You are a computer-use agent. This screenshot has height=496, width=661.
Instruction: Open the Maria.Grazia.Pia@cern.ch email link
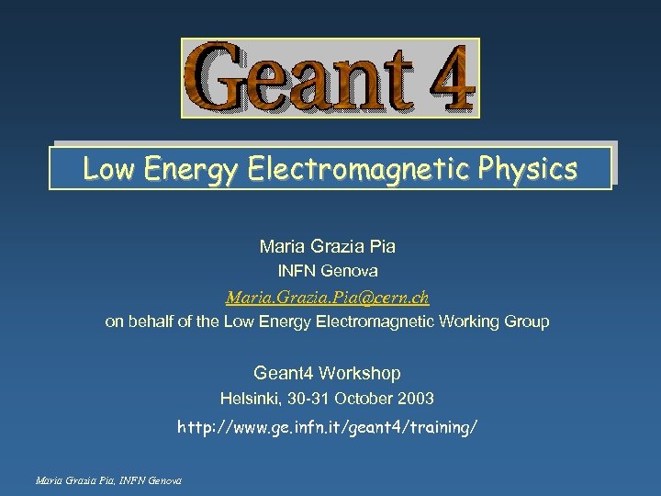point(327,298)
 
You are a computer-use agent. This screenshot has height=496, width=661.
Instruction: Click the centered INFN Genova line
point(328,271)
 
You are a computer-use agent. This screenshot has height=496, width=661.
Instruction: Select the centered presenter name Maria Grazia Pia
point(328,246)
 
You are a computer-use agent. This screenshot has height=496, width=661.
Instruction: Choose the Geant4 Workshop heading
point(327,373)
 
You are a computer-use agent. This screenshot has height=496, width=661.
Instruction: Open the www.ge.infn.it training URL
point(327,428)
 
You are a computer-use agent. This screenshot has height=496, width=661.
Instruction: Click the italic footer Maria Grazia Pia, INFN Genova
point(106,480)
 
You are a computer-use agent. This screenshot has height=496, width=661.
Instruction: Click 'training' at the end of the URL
point(442,428)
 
